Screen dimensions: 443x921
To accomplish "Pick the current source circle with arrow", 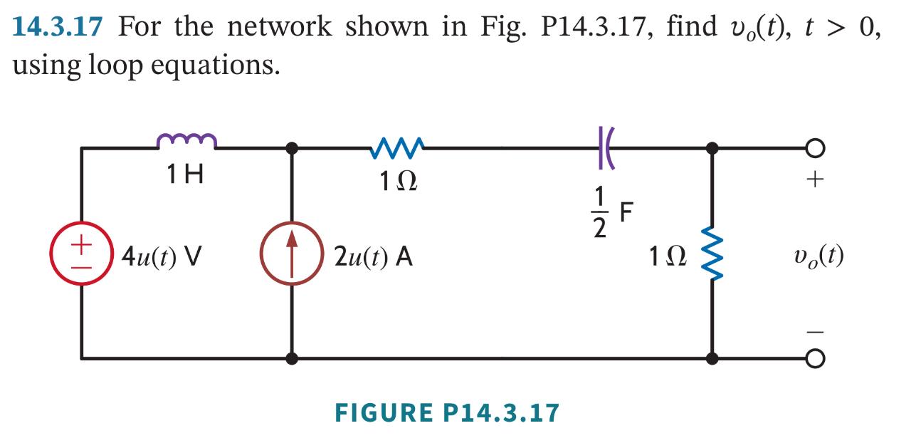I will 291,254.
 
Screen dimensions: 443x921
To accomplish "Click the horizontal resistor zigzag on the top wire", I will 396,147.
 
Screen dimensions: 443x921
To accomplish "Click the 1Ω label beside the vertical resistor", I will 665,255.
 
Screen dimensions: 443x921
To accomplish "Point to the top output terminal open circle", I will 816,148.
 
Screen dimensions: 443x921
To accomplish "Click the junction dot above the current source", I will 291,148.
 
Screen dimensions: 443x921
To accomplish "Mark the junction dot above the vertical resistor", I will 711,148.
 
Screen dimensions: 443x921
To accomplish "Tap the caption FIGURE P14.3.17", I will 447,412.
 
